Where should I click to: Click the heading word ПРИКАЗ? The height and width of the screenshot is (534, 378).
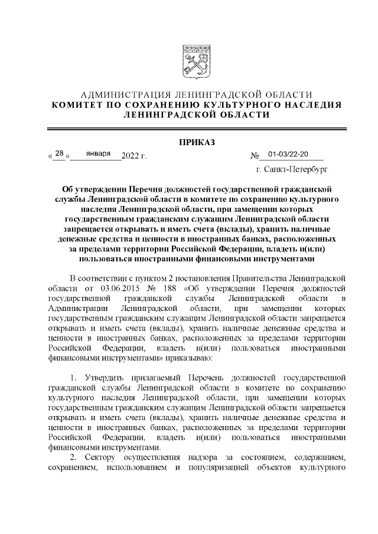188,142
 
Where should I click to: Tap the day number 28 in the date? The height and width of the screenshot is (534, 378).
59,154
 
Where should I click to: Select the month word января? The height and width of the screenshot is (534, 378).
98,154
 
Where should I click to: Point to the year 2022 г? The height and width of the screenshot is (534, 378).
133,156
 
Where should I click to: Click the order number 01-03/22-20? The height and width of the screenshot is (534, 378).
288,154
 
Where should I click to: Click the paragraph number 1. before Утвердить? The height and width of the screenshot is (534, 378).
73,377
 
